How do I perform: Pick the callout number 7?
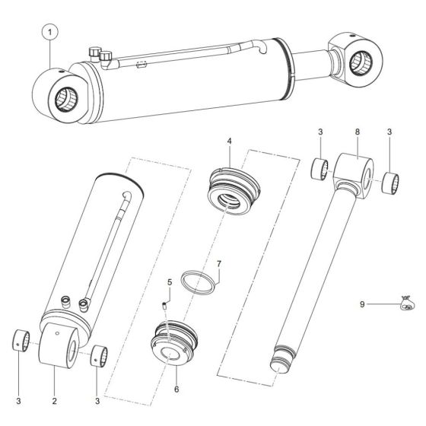point(218,264)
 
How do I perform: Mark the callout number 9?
point(361,304)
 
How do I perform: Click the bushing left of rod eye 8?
point(320,168)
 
